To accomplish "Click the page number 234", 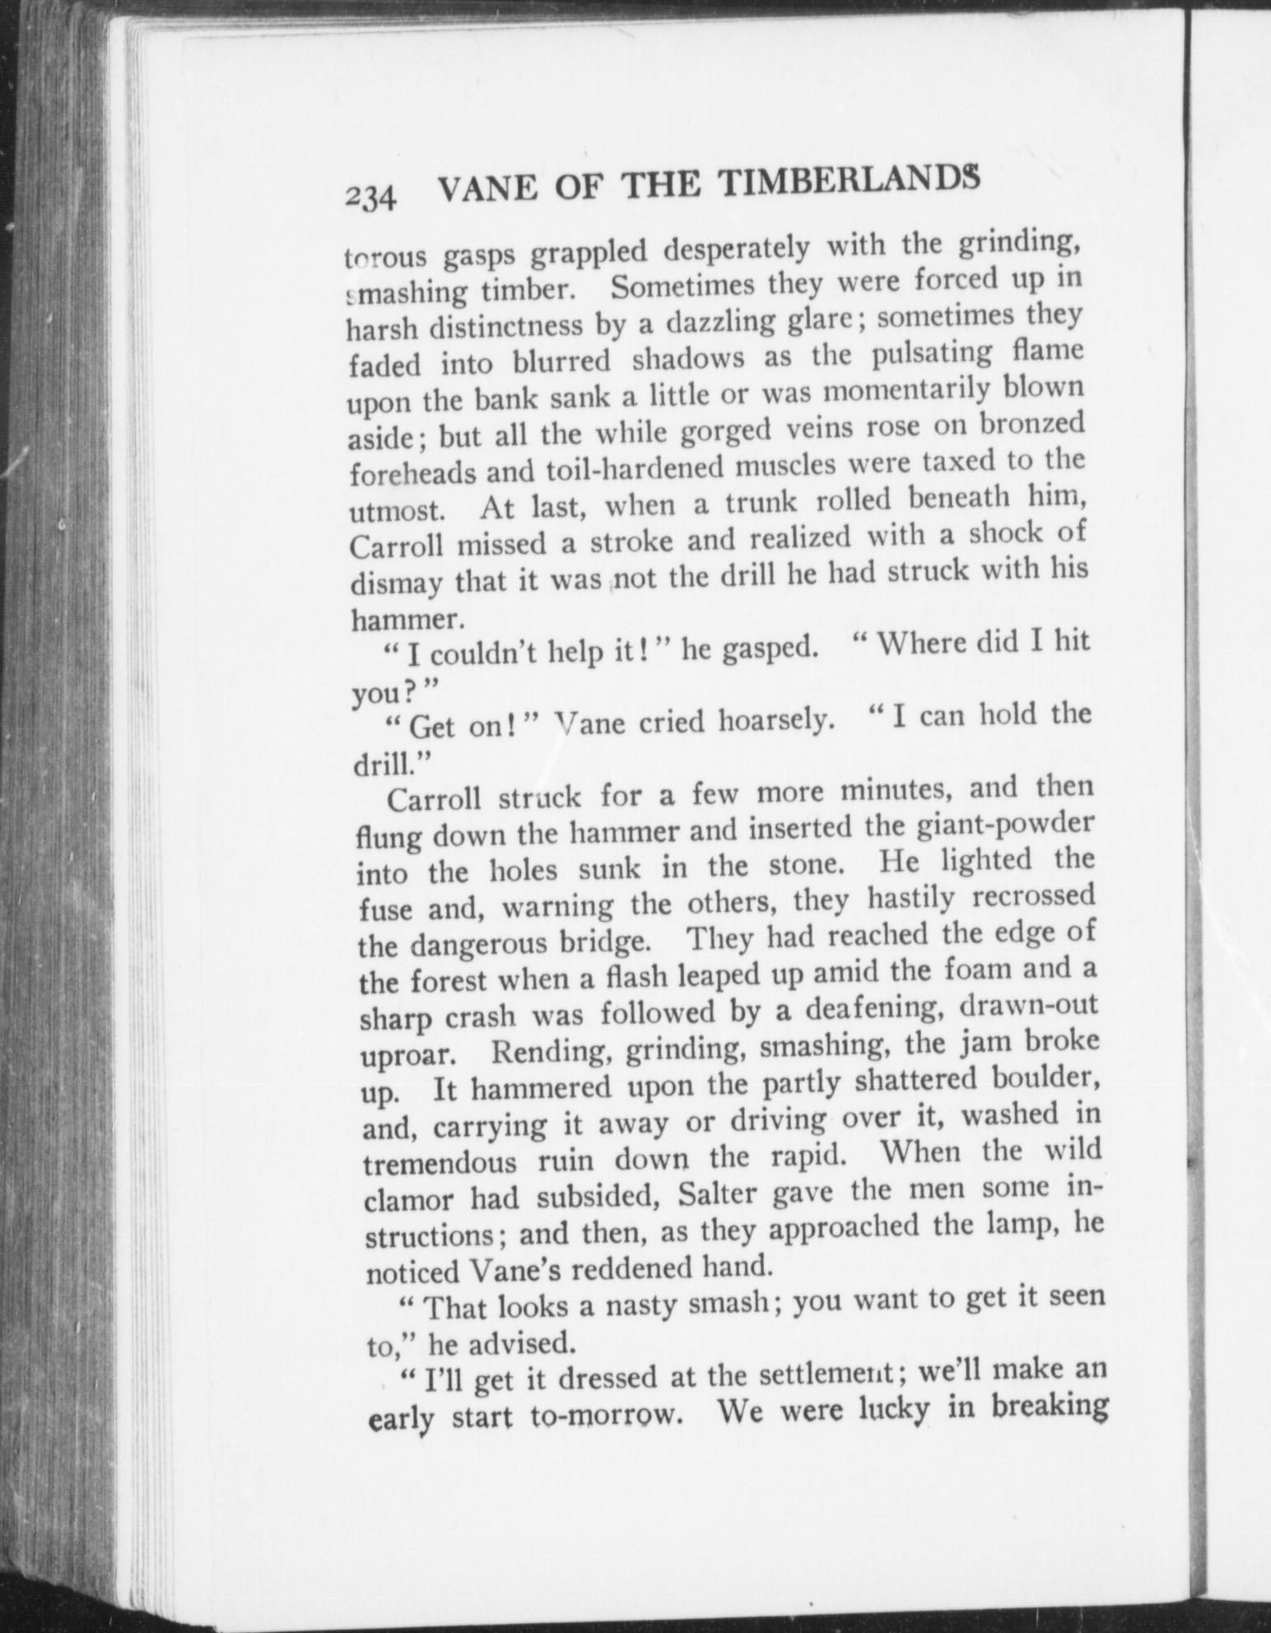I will pyautogui.click(x=372, y=198).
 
